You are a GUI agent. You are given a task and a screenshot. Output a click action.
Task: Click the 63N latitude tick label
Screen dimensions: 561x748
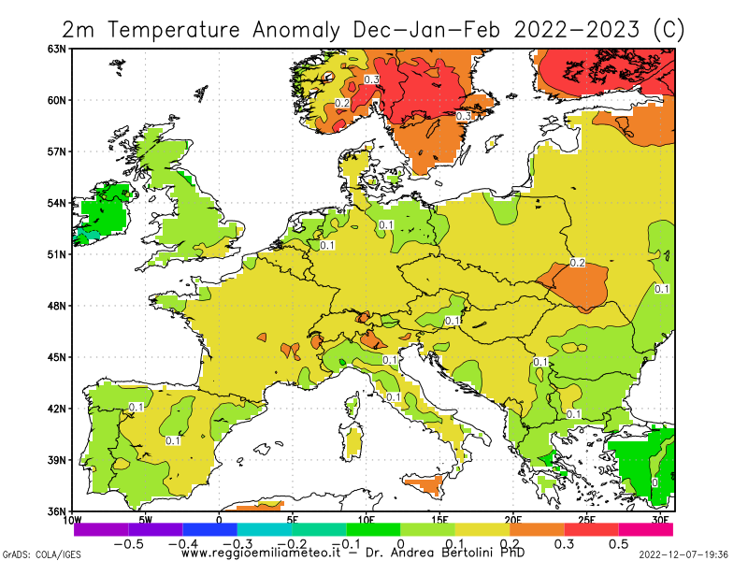click(59, 49)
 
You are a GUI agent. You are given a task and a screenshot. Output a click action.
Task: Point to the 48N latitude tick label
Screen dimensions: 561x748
click(59, 306)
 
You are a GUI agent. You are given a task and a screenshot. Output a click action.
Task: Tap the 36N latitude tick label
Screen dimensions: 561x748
click(59, 511)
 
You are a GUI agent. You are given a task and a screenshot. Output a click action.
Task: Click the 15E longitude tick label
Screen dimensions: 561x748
click(439, 520)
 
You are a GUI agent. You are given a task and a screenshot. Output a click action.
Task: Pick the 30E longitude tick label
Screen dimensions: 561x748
click(660, 520)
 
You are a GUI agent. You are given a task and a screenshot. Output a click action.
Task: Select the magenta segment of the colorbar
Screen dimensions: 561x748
click(645, 529)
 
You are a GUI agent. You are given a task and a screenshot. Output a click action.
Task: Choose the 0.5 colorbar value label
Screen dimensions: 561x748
click(619, 544)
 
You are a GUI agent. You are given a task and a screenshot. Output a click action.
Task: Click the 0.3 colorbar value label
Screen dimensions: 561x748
click(564, 544)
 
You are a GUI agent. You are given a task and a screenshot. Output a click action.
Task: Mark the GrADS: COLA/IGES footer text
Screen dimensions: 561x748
click(41, 554)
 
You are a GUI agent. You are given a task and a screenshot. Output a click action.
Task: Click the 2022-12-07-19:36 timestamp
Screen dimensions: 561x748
click(684, 554)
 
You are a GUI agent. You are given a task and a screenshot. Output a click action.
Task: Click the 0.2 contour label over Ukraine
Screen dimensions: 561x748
click(577, 263)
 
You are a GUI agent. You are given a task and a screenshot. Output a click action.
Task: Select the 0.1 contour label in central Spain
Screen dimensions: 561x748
click(173, 440)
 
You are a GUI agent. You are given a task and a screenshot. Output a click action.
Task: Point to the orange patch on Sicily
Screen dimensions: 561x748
click(427, 484)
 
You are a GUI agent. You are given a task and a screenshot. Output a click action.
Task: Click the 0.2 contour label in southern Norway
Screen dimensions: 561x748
click(342, 103)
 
